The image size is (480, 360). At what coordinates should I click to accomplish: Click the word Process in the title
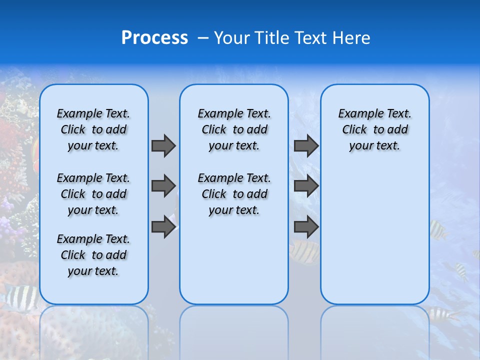pyautogui.click(x=154, y=38)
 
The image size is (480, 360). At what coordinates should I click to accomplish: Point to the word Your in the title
pyautogui.click(x=230, y=38)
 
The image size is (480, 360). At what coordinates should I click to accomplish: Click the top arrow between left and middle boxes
pyautogui.click(x=163, y=145)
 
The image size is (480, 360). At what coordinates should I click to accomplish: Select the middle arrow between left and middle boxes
pyautogui.click(x=163, y=186)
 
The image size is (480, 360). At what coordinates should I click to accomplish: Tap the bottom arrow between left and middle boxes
pyautogui.click(x=163, y=227)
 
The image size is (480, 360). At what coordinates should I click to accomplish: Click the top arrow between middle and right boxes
pyautogui.click(x=306, y=145)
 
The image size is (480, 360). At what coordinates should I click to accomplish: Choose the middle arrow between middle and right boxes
pyautogui.click(x=306, y=186)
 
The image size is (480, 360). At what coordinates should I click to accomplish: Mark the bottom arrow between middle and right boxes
pyautogui.click(x=306, y=227)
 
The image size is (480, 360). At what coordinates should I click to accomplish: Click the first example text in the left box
pyautogui.click(x=93, y=129)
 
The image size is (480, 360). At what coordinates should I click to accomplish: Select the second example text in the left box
pyautogui.click(x=93, y=194)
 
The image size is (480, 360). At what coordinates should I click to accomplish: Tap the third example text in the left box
pyautogui.click(x=93, y=255)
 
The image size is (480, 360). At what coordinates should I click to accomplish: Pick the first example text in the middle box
pyautogui.click(x=234, y=129)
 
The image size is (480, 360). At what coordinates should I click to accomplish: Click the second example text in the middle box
pyautogui.click(x=234, y=194)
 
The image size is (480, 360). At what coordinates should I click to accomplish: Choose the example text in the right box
pyautogui.click(x=374, y=129)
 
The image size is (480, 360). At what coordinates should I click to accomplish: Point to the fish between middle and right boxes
pyautogui.click(x=305, y=251)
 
